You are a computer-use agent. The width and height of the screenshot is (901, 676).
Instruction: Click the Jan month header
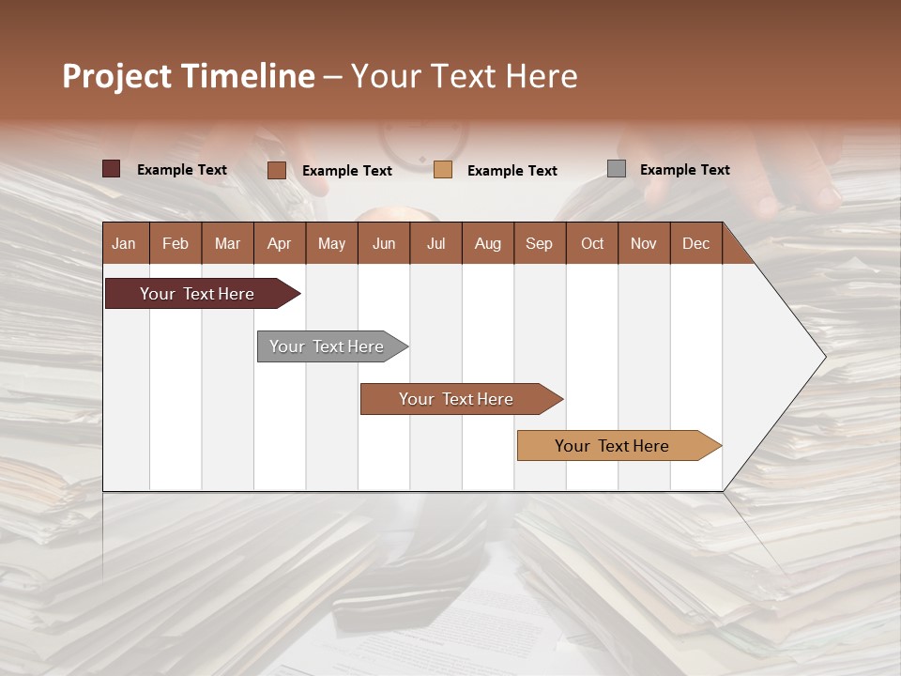click(124, 244)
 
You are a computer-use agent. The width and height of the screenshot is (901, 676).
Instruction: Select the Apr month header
click(279, 244)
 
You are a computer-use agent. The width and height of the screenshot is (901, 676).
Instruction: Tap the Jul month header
click(435, 244)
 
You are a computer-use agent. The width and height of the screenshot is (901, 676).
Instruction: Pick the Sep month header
click(539, 244)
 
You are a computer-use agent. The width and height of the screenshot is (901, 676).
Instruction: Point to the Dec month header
click(695, 244)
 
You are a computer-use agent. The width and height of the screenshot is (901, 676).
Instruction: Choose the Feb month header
click(176, 244)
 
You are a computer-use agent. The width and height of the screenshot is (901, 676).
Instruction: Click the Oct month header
click(592, 244)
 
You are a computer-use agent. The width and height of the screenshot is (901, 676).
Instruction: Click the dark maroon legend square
click(112, 169)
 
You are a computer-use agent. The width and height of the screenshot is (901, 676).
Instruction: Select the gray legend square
click(617, 169)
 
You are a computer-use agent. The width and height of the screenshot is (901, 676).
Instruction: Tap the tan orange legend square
click(443, 170)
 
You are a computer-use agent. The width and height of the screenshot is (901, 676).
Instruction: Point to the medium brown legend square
click(277, 170)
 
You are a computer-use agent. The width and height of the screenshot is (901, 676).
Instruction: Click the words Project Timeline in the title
click(189, 76)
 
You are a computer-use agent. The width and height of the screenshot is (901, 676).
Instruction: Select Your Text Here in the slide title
click(465, 76)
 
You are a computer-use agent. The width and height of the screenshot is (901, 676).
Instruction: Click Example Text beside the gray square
click(684, 170)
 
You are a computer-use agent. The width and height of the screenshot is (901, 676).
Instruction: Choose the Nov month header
click(644, 244)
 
